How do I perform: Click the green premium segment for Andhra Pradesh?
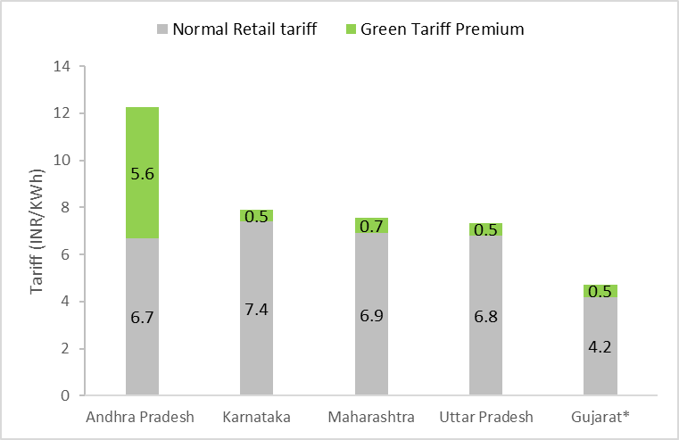[142, 152]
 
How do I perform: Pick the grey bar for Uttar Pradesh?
[485, 348]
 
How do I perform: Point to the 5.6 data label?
[143, 175]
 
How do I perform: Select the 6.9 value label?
[371, 315]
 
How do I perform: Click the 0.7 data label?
[371, 227]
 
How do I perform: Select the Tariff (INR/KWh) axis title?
[37, 231]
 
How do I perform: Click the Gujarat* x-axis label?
[600, 418]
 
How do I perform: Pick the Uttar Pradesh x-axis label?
[485, 418]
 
